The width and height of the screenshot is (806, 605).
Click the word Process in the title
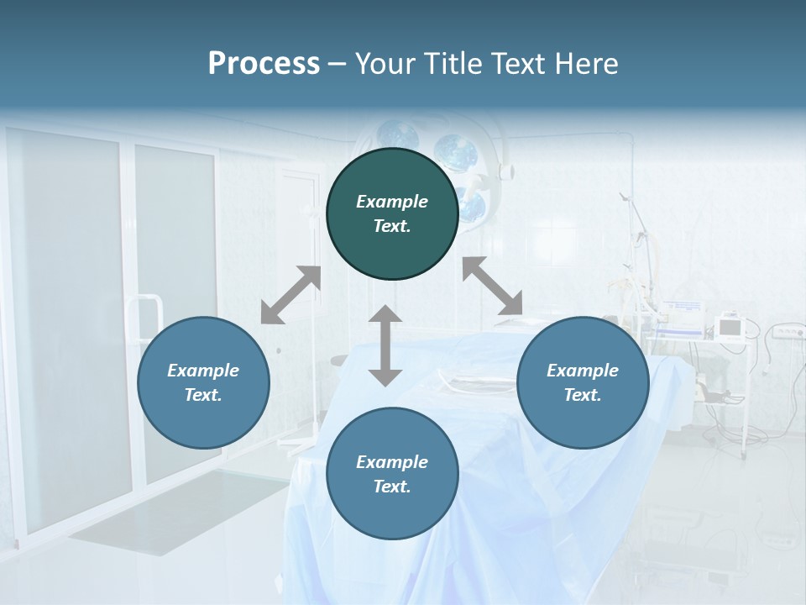pos(264,64)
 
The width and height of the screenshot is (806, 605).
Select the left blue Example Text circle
pos(203,382)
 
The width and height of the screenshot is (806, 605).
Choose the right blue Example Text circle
pos(583,382)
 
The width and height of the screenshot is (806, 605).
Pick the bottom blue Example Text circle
pos(392,474)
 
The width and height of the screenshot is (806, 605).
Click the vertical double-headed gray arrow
pos(385,345)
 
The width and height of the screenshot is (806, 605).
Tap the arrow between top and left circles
pos(291,295)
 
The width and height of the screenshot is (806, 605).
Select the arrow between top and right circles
pos(492,286)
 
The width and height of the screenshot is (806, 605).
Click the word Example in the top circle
pos(392,202)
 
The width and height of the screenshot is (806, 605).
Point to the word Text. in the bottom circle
pos(392,487)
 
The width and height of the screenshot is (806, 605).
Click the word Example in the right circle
pos(583,371)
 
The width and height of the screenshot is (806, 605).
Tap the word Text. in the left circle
pos(203,395)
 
